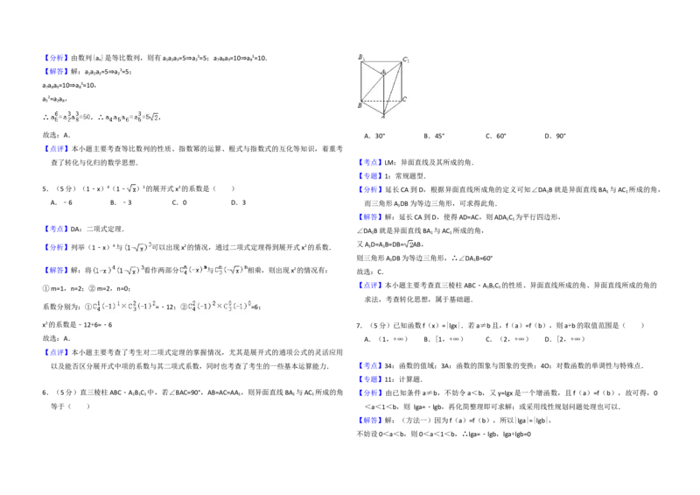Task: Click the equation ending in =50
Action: coord(70,116)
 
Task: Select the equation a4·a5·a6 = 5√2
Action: coord(130,116)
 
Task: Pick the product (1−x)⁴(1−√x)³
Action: coord(116,271)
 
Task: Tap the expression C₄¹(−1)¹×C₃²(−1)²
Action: coord(125,306)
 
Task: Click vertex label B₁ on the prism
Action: coord(360,57)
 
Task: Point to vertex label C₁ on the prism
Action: coord(406,60)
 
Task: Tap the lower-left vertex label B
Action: coord(360,105)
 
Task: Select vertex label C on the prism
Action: coord(404,100)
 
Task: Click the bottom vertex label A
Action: coord(383,117)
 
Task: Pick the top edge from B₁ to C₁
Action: coord(382,62)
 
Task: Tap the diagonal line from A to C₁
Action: coord(392,89)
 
